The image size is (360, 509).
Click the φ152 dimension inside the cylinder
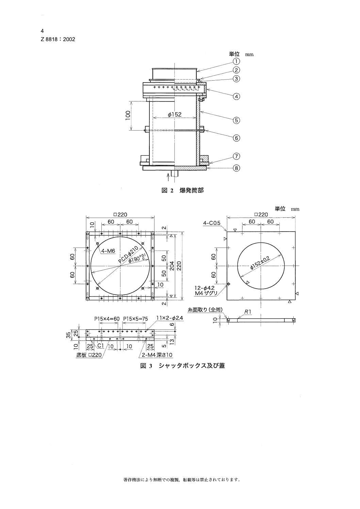pyautogui.click(x=175, y=115)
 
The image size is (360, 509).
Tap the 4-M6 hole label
pyautogui.click(x=109, y=251)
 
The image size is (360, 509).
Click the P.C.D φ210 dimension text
pyautogui.click(x=128, y=255)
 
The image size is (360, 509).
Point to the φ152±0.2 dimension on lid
pyautogui.click(x=260, y=264)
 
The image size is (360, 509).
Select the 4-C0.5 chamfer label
pyautogui.click(x=212, y=223)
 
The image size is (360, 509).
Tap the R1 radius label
pyautogui.click(x=247, y=311)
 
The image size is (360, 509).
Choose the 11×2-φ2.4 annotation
pyautogui.click(x=169, y=318)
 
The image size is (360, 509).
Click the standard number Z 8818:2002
pyautogui.click(x=58, y=39)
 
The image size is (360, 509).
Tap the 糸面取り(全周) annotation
pyautogui.click(x=205, y=310)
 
